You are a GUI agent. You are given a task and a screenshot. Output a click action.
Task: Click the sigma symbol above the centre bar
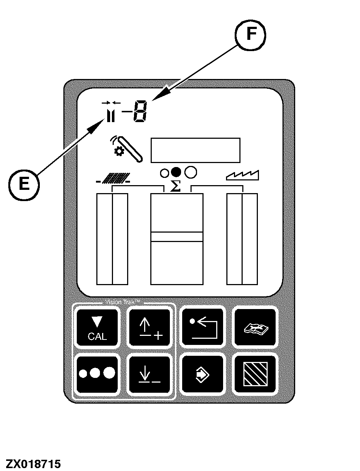[176, 186]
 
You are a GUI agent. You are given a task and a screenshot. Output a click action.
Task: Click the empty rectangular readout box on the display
[195, 150]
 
